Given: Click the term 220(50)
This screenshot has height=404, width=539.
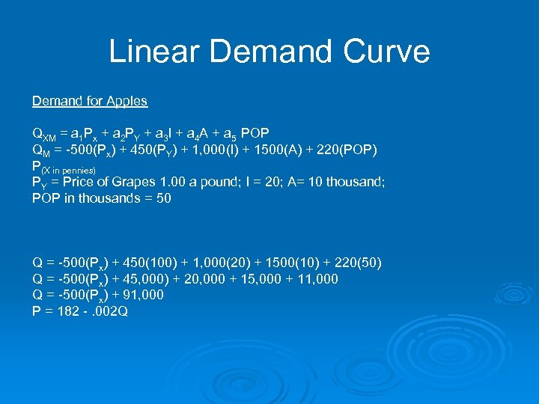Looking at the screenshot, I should (x=358, y=263).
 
